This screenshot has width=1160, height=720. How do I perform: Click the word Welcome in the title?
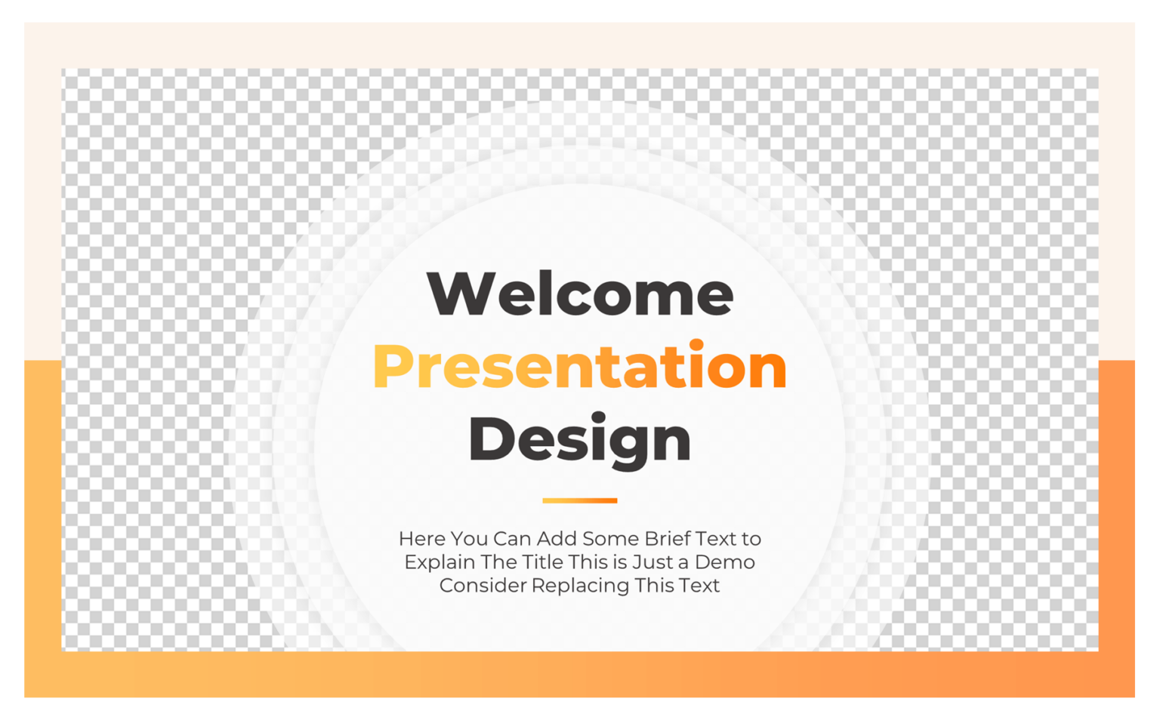click(x=579, y=294)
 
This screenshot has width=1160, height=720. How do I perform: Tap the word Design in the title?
click(x=579, y=439)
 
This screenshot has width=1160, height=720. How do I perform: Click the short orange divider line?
click(x=579, y=500)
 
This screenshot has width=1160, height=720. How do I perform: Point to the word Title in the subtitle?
click(x=543, y=562)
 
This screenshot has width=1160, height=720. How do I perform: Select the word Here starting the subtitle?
click(x=421, y=539)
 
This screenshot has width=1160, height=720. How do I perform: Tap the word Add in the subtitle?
click(x=558, y=539)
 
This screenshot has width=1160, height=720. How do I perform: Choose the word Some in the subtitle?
click(x=609, y=539)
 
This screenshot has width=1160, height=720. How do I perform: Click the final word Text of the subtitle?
click(x=699, y=586)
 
